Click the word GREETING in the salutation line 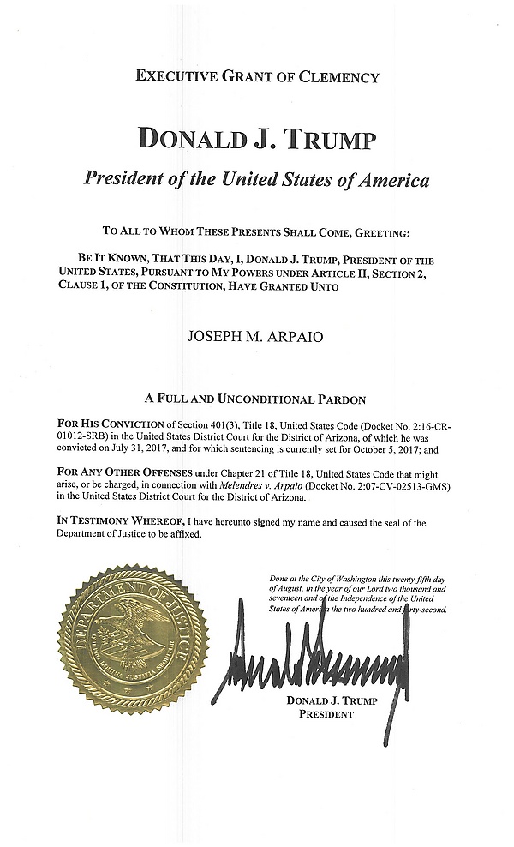[x=377, y=231]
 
